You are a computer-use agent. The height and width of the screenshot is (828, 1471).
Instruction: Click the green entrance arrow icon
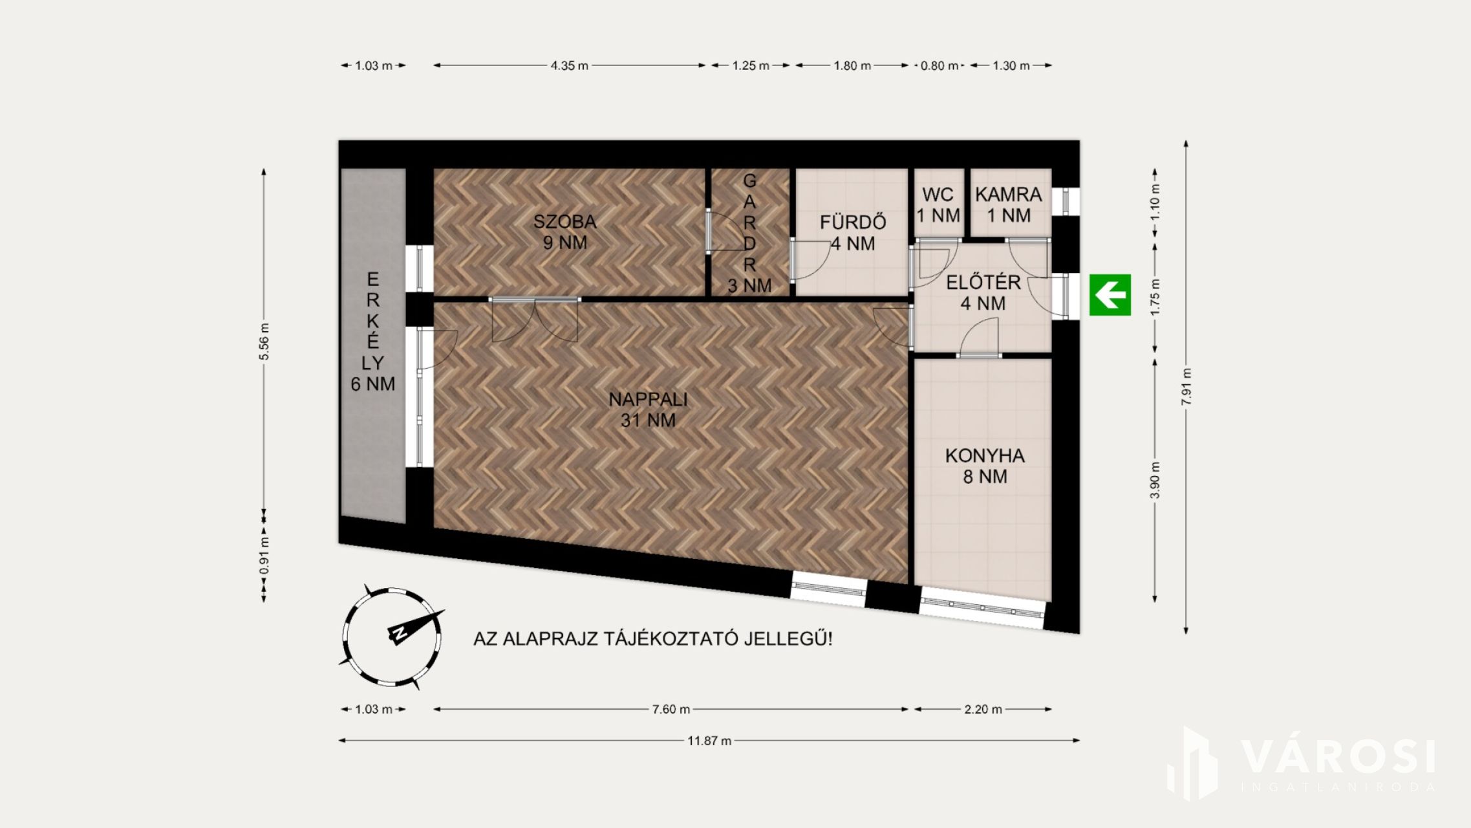click(1110, 295)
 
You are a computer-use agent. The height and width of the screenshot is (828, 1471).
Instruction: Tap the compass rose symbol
click(392, 637)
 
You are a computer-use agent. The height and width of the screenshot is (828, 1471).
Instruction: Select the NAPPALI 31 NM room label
click(648, 409)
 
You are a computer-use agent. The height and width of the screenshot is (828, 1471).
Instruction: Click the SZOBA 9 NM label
click(565, 232)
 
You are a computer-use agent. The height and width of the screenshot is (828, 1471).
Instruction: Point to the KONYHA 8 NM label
click(985, 466)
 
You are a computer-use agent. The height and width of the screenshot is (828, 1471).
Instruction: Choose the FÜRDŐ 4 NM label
click(853, 233)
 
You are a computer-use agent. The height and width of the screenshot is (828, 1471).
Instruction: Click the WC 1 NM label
click(938, 205)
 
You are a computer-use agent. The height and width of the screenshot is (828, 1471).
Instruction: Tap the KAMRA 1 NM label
click(1009, 205)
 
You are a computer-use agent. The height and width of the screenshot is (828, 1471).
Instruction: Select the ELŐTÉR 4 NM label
click(983, 292)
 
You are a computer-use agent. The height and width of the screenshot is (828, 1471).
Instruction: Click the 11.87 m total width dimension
click(709, 741)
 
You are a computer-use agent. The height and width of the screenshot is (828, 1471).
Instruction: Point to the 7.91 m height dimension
click(1186, 387)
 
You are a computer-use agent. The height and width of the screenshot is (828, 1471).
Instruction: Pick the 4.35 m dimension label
click(570, 65)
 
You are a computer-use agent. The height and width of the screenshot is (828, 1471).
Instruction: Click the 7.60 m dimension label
click(671, 709)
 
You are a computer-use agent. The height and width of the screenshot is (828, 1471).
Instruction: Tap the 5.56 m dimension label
click(264, 342)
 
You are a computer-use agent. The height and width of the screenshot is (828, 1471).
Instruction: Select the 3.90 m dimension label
click(1155, 480)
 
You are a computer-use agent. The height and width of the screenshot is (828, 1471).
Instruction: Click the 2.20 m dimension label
click(983, 709)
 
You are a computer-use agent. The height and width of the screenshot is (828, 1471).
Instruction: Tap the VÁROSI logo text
click(1338, 757)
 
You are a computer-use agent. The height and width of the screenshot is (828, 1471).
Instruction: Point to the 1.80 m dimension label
click(852, 65)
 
